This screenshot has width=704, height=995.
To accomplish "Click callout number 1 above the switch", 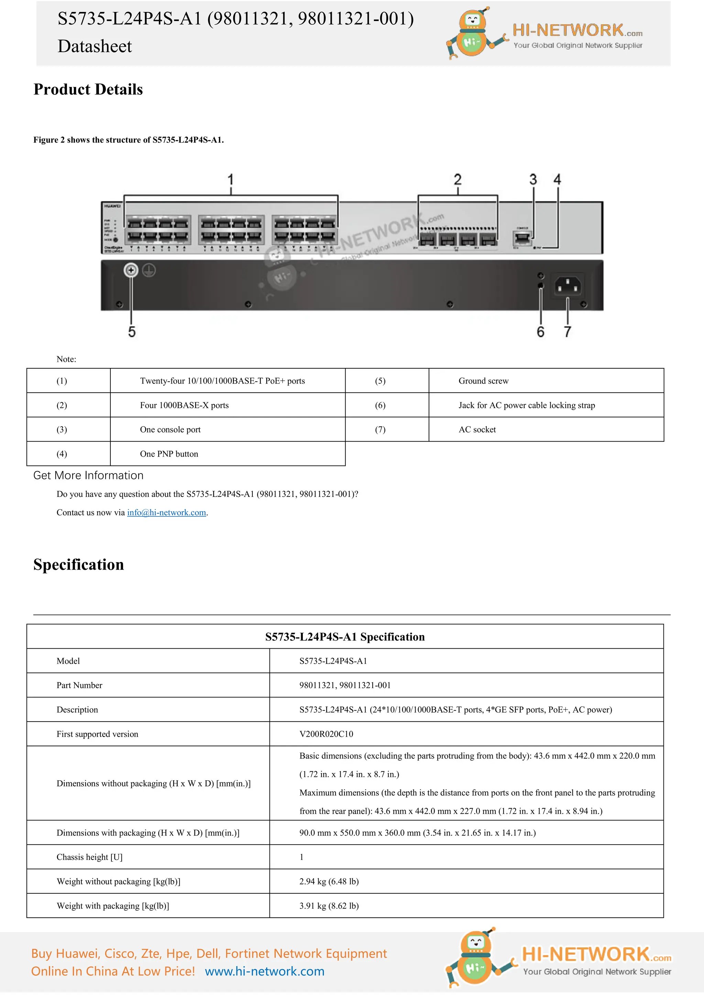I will point(231,179).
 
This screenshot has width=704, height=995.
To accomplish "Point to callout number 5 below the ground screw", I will point(132,332).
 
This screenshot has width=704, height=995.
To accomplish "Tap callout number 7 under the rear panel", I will point(568,332).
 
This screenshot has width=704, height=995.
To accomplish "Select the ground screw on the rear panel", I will point(131,270).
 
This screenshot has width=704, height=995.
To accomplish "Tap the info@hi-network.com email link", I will point(166,512).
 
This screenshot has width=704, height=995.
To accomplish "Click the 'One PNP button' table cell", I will point(169,454).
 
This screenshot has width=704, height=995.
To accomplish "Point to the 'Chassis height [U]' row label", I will point(89,857).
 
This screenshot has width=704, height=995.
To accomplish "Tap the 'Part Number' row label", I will point(79,685).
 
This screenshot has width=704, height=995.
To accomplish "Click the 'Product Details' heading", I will point(88,89).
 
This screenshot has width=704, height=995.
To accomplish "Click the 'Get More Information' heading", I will point(88,476).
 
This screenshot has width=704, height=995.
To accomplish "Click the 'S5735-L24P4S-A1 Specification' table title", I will point(345,637).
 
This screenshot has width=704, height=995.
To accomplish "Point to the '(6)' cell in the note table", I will point(380,405).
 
